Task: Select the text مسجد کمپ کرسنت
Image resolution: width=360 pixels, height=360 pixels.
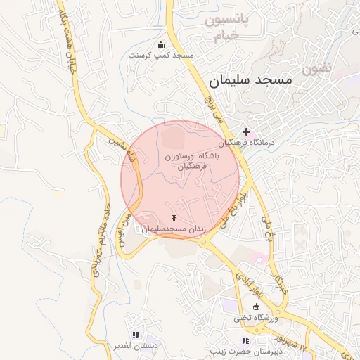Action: click(x=160, y=54)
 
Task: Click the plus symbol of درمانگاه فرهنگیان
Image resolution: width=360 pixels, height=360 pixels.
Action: click(x=246, y=131)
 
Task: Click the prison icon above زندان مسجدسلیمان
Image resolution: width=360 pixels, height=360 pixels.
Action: click(x=174, y=219)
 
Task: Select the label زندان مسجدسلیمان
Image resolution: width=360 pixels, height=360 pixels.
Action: click(x=173, y=229)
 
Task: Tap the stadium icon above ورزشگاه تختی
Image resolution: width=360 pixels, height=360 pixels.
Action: click(x=257, y=307)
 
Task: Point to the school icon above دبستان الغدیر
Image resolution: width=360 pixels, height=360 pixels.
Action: click(x=136, y=335)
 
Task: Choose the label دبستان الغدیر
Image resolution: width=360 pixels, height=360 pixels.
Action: click(x=135, y=346)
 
